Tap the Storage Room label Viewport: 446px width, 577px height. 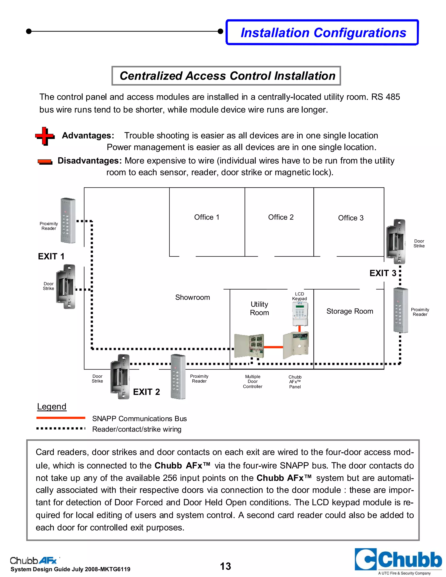point(350,311)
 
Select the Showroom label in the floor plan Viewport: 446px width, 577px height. point(192,297)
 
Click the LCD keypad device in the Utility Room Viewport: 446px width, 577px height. point(300,314)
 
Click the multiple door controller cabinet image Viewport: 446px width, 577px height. point(249,346)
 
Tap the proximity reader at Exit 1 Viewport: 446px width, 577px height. point(68,221)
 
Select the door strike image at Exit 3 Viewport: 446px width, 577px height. point(395,241)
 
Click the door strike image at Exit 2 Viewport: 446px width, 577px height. point(120,377)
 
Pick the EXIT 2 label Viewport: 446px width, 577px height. point(146,392)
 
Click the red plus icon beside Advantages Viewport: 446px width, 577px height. point(45,136)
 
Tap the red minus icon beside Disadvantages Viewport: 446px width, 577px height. point(45,162)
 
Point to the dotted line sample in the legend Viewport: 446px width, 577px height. point(61,428)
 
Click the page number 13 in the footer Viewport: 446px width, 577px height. point(225,566)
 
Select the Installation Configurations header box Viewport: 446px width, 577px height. point(322,32)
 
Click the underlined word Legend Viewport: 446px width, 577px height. point(52,406)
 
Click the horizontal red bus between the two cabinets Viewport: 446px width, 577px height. point(273,347)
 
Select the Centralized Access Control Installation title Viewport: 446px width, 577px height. point(226,76)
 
